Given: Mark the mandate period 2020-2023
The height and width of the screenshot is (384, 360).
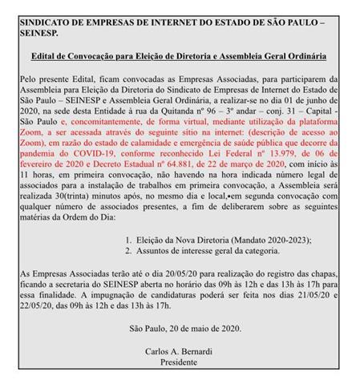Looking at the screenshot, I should tap(287, 239).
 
